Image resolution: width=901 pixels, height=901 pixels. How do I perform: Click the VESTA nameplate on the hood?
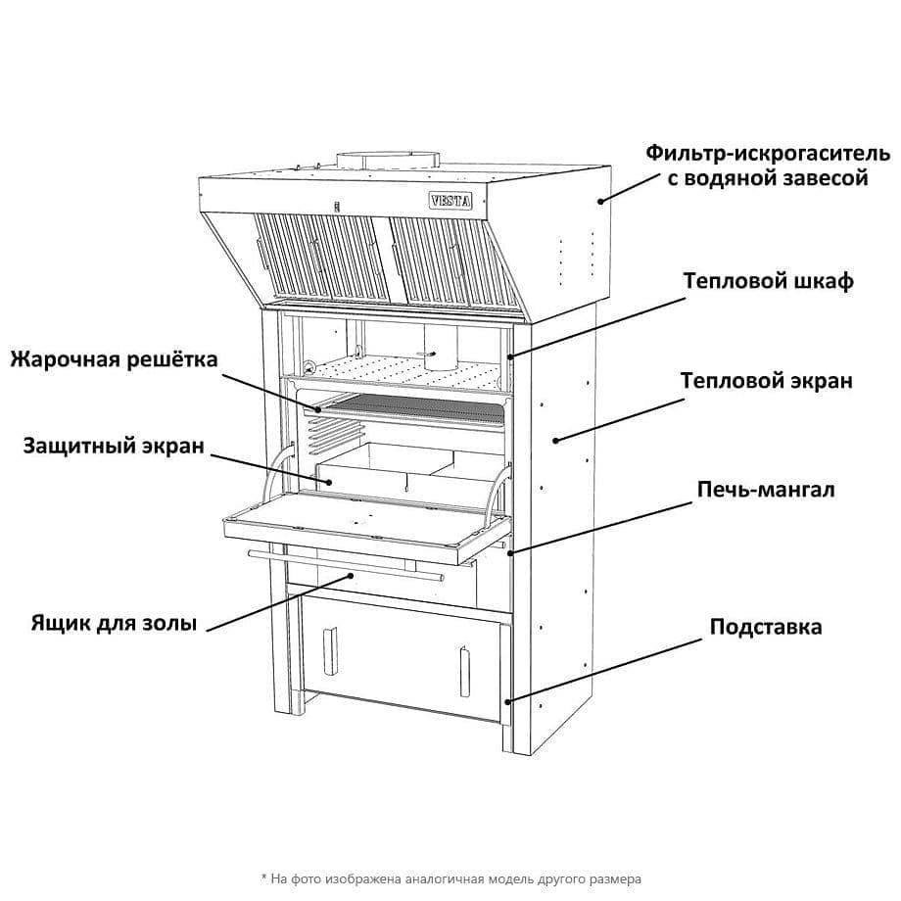point(450,201)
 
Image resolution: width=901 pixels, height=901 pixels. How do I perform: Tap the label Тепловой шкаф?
point(769,282)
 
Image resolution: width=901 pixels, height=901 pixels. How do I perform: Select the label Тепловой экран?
point(766,381)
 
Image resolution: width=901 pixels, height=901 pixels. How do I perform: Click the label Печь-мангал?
point(766,489)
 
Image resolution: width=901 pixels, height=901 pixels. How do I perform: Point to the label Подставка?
point(766,627)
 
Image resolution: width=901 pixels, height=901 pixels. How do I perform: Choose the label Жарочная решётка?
point(114,359)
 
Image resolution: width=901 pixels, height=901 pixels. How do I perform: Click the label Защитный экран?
point(114,447)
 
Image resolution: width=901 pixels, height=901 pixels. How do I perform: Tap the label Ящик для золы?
point(114,623)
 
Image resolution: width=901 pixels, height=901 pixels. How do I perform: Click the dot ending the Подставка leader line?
point(507,701)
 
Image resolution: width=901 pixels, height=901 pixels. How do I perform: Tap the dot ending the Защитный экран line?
point(330,482)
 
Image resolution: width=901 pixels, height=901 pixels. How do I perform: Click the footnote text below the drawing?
point(450,878)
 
